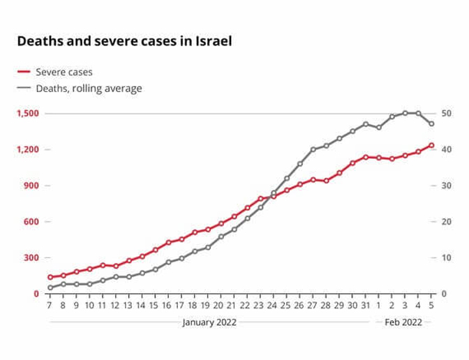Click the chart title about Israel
coord(124,41)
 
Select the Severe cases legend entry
coord(64,72)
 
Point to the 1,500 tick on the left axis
coord(28,114)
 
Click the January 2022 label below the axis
coord(209,322)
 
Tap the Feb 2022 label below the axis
coord(403,322)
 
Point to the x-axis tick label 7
coord(50,306)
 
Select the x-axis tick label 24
coord(274,306)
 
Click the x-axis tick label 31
coord(366,306)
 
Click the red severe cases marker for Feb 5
coord(432,145)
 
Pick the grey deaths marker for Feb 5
coord(432,124)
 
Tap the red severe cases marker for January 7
coord(50,277)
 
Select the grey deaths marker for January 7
coord(50,287)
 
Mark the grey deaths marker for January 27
coord(313,149)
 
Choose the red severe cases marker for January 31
coord(366,157)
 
